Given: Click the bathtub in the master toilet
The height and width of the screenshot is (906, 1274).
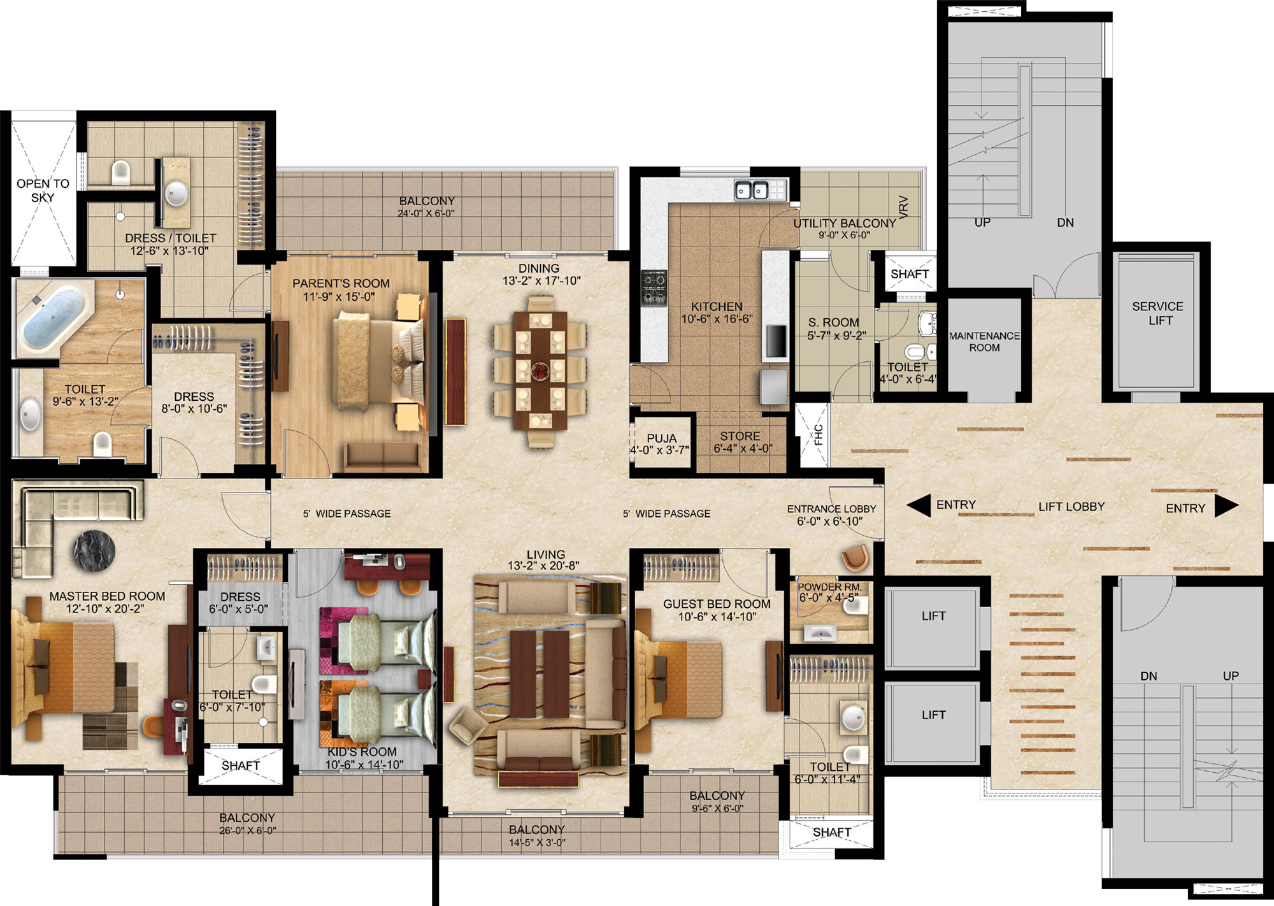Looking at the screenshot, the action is pyautogui.click(x=54, y=317).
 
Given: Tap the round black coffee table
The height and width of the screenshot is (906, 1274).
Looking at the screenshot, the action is pyautogui.click(x=94, y=550).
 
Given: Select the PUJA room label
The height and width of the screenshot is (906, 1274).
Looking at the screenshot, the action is pyautogui.click(x=661, y=438).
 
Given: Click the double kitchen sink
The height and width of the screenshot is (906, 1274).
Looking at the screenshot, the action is pyautogui.click(x=752, y=189).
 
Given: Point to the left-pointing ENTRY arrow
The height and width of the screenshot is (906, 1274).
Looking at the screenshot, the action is pyautogui.click(x=919, y=506).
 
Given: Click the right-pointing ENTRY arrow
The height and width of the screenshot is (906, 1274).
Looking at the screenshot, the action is pyautogui.click(x=1226, y=506).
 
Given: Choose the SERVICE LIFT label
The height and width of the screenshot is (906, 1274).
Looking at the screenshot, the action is pyautogui.click(x=1158, y=313).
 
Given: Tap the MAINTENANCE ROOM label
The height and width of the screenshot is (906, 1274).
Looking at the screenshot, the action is pyautogui.click(x=984, y=342).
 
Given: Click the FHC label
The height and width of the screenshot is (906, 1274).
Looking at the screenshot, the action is pyautogui.click(x=819, y=435).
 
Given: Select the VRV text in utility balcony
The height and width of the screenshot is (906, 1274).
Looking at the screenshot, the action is pyautogui.click(x=903, y=206).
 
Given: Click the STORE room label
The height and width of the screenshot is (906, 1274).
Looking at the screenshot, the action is pyautogui.click(x=740, y=436).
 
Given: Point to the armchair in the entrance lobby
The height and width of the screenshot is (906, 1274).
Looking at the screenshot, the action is pyautogui.click(x=855, y=557).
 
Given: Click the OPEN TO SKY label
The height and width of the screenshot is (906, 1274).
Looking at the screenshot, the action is pyautogui.click(x=43, y=191).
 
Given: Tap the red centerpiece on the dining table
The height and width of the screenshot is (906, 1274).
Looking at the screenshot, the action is pyautogui.click(x=540, y=370).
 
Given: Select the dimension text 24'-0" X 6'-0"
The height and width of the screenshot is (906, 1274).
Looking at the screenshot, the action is pyautogui.click(x=426, y=213).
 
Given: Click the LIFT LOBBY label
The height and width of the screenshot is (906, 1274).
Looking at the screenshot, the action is pyautogui.click(x=1071, y=507).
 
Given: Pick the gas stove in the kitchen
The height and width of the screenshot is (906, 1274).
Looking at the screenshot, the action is pyautogui.click(x=654, y=287).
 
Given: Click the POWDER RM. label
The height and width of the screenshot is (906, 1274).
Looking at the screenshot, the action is pyautogui.click(x=829, y=587).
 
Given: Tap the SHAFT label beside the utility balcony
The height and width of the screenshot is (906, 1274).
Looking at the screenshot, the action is pyautogui.click(x=910, y=274).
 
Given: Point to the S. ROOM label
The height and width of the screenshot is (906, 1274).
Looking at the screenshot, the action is pyautogui.click(x=833, y=322).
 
